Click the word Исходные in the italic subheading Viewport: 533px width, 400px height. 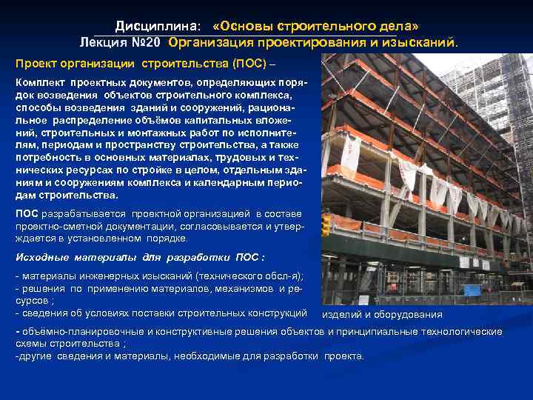42,257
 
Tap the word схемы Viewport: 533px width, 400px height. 30,343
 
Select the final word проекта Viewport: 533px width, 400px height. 344,356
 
